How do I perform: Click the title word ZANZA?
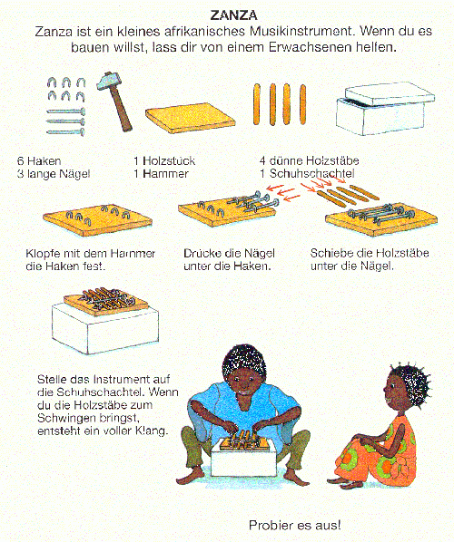pos(233,15)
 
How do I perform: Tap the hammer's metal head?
pos(107,82)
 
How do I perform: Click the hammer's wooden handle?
pos(120,108)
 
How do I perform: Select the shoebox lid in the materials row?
pos(390,93)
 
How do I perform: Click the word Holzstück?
pos(169,160)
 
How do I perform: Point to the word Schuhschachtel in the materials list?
pos(312,173)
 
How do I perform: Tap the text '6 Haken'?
pos(39,161)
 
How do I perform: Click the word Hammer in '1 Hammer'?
pos(165,173)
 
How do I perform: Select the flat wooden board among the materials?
pos(190,118)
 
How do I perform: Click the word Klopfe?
pos(43,254)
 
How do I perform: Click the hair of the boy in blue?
pos(243,362)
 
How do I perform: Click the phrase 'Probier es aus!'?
pos(295,525)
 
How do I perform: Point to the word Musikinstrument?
pos(301,32)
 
